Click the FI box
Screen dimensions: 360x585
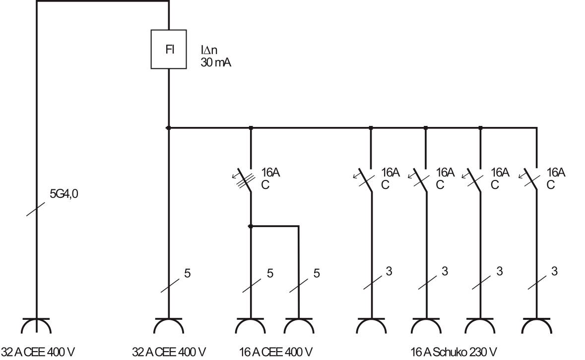point(169,50)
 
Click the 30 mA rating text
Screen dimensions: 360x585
point(216,62)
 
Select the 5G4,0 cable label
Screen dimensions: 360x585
point(64,194)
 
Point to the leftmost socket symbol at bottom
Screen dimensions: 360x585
point(37,326)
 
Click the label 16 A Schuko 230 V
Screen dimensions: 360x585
point(454,352)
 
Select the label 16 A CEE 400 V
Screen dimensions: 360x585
point(276,352)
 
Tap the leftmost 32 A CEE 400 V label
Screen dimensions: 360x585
point(38,352)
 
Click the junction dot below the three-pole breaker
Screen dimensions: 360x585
point(251,227)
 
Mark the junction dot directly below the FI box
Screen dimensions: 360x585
point(169,128)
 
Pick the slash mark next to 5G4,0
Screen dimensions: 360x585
point(37,208)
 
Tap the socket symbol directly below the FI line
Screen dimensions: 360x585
point(169,326)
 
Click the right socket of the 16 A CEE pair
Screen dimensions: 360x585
point(299,326)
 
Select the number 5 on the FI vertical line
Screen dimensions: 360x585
point(187,273)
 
